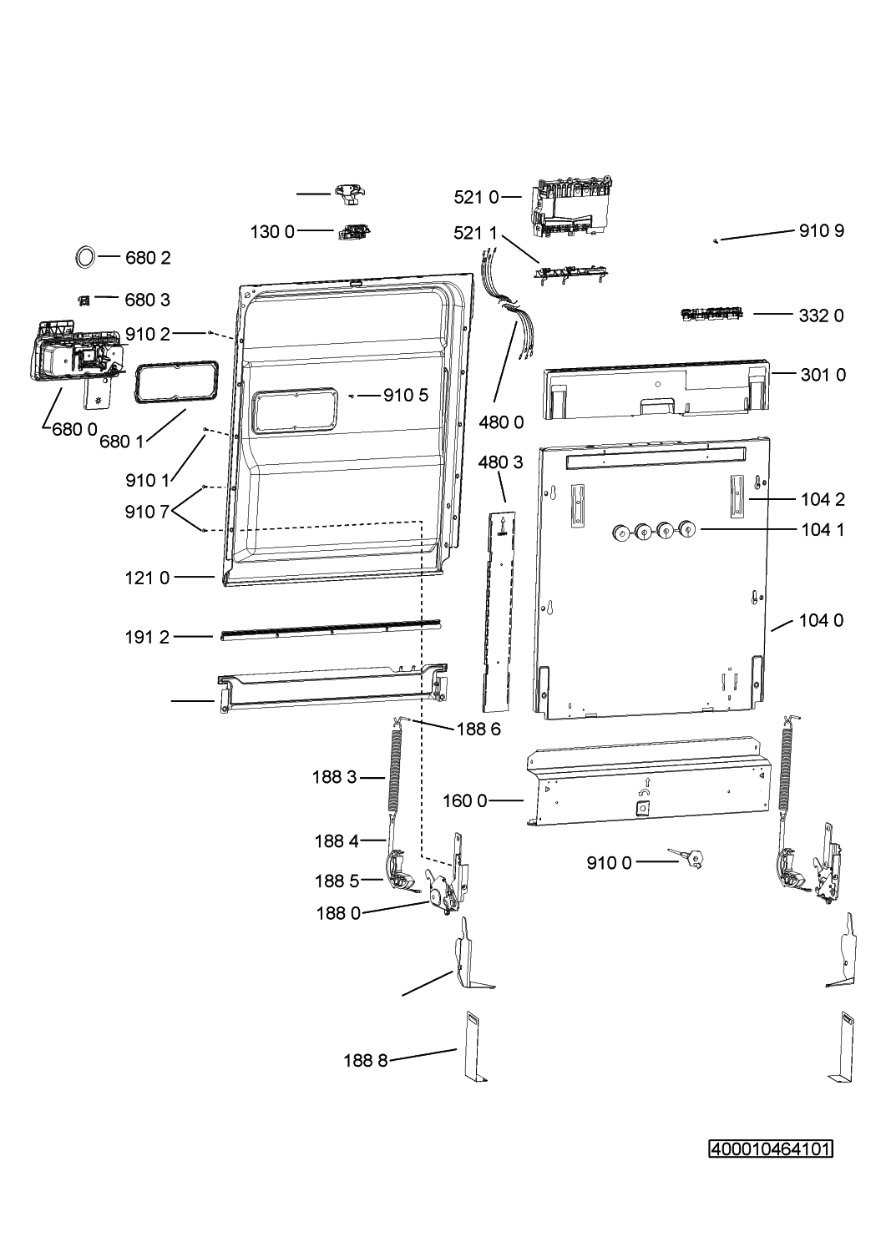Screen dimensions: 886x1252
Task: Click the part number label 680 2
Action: pyautogui.click(x=148, y=258)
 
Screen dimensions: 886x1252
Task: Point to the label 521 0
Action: pyautogui.click(x=476, y=197)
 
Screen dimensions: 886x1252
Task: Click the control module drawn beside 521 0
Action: pyautogui.click(x=570, y=207)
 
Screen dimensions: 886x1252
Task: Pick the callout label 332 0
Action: pyautogui.click(x=821, y=316)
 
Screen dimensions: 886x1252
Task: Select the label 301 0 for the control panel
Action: pyautogui.click(x=823, y=375)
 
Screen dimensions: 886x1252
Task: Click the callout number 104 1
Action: pyautogui.click(x=823, y=529)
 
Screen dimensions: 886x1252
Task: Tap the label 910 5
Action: pyautogui.click(x=406, y=396)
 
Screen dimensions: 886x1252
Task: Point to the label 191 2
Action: pyautogui.click(x=147, y=637)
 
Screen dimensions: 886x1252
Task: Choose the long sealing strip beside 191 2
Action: pyautogui.click(x=331, y=630)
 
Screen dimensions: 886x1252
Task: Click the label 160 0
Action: pyautogui.click(x=465, y=801)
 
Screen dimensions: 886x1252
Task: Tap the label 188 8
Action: pyautogui.click(x=366, y=1060)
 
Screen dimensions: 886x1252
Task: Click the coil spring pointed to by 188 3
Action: pyautogui.click(x=396, y=771)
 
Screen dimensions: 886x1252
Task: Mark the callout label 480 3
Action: pyautogui.click(x=500, y=462)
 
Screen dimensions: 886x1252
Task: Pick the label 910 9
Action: pyautogui.click(x=822, y=231)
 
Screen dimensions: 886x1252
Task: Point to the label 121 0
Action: pyautogui.click(x=147, y=578)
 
